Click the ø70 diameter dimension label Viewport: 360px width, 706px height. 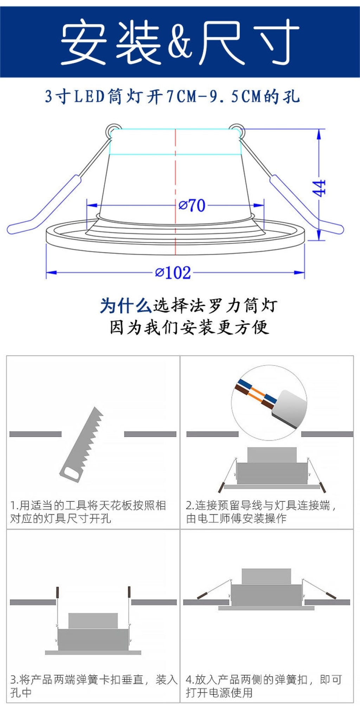192,205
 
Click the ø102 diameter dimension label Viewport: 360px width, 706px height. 173,273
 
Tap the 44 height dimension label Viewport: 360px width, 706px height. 319,188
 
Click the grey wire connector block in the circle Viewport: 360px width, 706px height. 289,408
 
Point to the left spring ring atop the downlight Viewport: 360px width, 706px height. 114,131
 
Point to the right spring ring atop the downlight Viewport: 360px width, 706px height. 237,131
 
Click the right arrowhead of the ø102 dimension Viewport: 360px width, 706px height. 299,273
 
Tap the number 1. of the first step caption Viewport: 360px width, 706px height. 14,505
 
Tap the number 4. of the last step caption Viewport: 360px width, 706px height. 190,680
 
